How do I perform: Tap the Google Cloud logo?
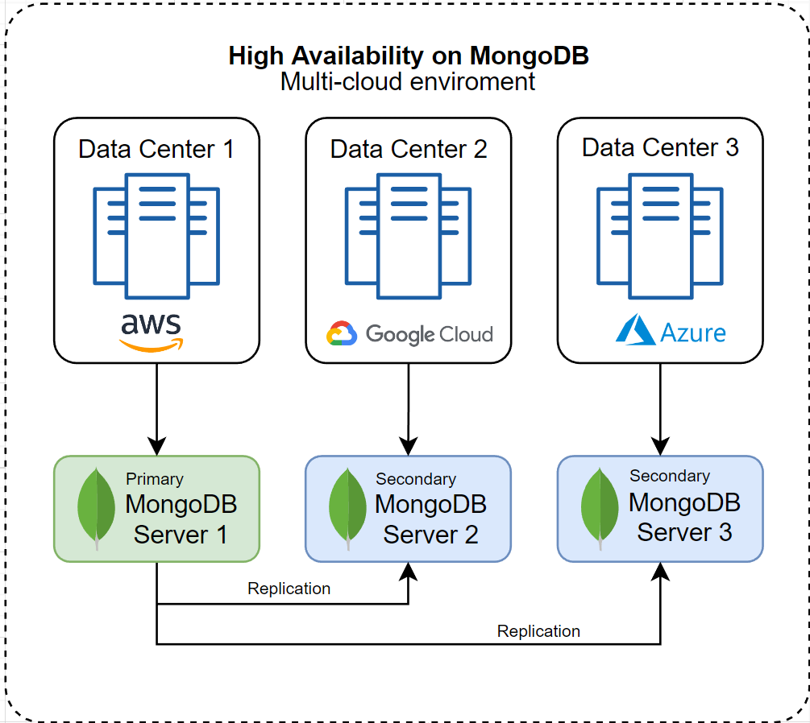tap(409, 333)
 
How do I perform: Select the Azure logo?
tap(671, 332)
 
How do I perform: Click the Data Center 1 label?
tap(156, 149)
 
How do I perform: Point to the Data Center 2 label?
tap(409, 149)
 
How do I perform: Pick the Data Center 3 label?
tap(660, 148)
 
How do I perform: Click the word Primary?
tap(155, 479)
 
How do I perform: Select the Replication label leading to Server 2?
tap(289, 589)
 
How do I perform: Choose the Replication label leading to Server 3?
tap(538, 631)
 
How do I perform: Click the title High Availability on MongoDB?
tap(409, 56)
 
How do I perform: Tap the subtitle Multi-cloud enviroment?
tap(408, 81)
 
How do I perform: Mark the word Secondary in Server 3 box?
tap(670, 476)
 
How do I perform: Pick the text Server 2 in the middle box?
tap(430, 535)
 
